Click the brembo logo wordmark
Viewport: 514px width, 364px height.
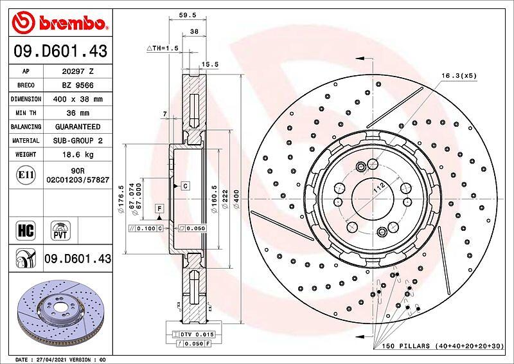tap(73, 23)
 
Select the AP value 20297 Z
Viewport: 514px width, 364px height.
tap(78, 71)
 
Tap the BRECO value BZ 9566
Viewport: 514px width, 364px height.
tap(78, 86)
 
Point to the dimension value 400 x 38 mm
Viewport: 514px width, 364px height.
tap(78, 99)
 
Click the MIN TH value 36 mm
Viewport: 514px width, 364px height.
tap(78, 113)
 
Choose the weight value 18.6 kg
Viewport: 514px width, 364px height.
tap(78, 154)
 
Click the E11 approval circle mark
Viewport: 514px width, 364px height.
tap(26, 175)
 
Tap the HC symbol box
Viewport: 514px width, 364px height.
tap(26, 230)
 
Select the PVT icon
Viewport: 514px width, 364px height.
tap(60, 230)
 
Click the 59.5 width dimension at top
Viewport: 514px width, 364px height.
tap(188, 15)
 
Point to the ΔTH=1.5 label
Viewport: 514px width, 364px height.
tap(163, 48)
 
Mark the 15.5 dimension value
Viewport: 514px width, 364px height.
tap(210, 64)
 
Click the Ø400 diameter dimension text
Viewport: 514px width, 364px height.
tap(236, 199)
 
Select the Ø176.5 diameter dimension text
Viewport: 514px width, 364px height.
tap(121, 199)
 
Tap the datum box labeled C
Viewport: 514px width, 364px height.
tap(186, 186)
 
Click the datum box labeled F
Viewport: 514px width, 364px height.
tap(159, 208)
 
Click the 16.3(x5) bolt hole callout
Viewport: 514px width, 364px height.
tap(459, 75)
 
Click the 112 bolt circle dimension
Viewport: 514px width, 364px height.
tap(379, 188)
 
